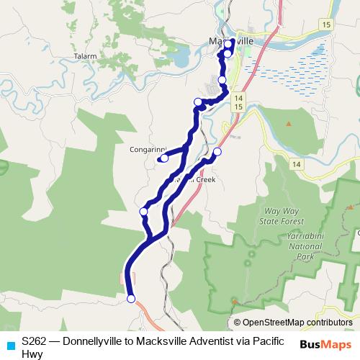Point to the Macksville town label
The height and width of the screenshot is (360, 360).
[231, 41]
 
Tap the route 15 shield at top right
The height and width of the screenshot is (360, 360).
[326, 24]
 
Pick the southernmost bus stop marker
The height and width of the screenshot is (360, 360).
[131, 298]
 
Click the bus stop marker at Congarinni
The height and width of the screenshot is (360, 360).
[164, 158]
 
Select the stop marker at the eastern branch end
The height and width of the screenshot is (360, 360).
[217, 152]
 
